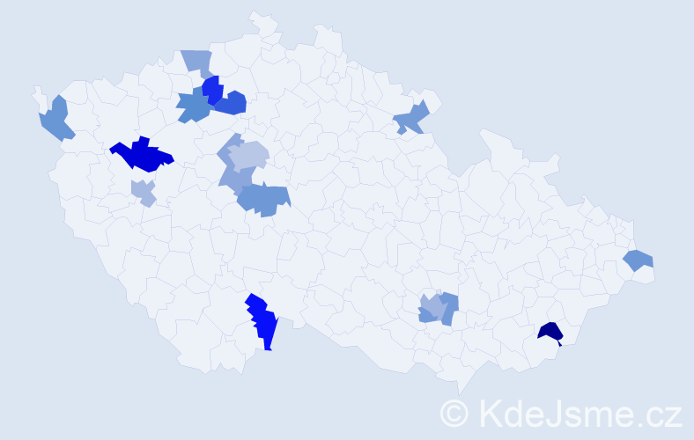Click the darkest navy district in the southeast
(550, 332)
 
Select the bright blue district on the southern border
(262, 321)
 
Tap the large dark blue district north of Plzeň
(141, 155)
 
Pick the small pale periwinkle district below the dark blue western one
(143, 191)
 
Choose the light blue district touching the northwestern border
(197, 62)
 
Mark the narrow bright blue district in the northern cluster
(211, 89)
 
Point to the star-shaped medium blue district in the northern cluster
(194, 106)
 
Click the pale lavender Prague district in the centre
(248, 156)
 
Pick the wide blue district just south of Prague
(264, 199)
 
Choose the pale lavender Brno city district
(432, 307)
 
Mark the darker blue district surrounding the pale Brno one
(450, 304)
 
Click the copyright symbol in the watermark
(455, 412)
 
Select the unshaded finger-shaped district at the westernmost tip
(39, 95)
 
